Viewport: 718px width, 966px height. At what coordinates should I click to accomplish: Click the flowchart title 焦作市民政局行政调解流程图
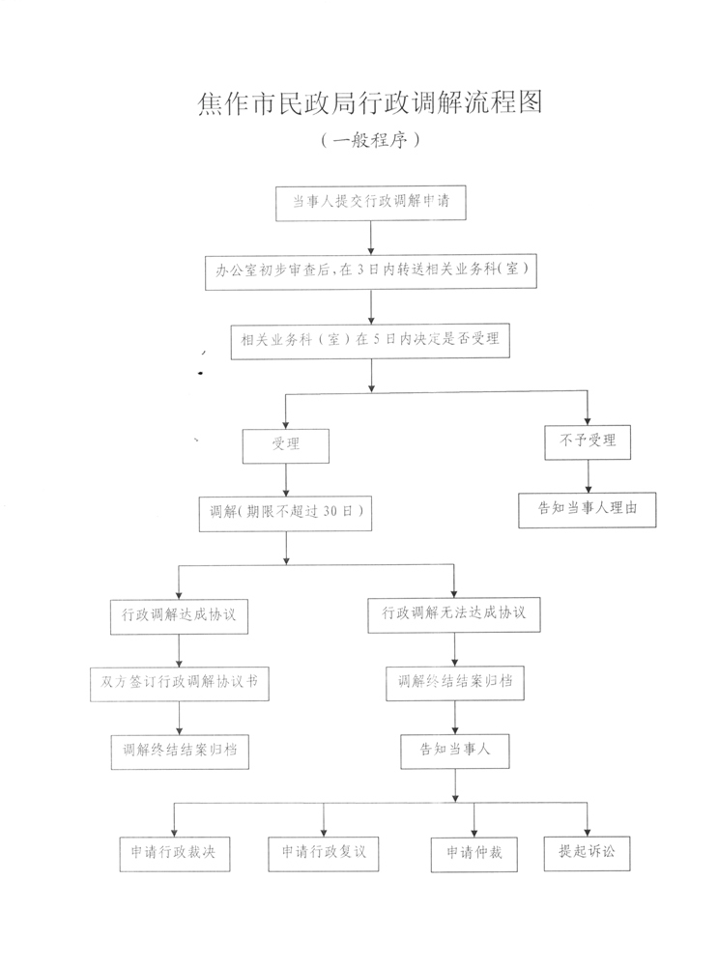[370, 102]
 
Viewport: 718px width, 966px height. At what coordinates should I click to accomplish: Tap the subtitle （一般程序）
[370, 140]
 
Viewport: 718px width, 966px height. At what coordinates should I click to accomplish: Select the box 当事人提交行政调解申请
[370, 203]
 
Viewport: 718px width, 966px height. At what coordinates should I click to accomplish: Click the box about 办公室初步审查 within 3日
[371, 271]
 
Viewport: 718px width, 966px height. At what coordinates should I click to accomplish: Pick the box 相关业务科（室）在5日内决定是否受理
[370, 341]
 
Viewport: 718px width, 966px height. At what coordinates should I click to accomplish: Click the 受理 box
[286, 445]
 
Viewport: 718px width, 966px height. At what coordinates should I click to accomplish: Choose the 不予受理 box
[588, 441]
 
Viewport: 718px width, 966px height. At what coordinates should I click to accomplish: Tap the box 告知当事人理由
[588, 509]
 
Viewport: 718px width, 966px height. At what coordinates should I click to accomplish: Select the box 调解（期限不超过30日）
[285, 513]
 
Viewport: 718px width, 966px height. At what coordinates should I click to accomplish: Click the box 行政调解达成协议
[180, 616]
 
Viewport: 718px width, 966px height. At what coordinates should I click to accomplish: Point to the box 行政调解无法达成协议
[454, 614]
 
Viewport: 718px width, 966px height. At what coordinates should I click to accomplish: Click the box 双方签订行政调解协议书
[180, 684]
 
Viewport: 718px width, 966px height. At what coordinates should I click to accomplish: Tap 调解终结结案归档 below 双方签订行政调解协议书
[180, 752]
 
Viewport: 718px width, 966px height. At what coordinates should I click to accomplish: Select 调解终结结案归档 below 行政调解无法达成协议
[455, 683]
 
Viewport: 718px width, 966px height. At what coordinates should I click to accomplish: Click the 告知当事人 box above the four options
[455, 751]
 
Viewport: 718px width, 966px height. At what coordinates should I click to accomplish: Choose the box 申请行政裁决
[175, 854]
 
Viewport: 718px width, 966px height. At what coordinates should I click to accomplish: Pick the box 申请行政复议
[324, 853]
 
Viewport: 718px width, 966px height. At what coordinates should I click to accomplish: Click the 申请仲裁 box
[474, 855]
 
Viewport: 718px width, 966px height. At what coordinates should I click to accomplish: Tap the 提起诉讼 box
[587, 853]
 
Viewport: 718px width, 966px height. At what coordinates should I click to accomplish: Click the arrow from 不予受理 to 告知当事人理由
[588, 476]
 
